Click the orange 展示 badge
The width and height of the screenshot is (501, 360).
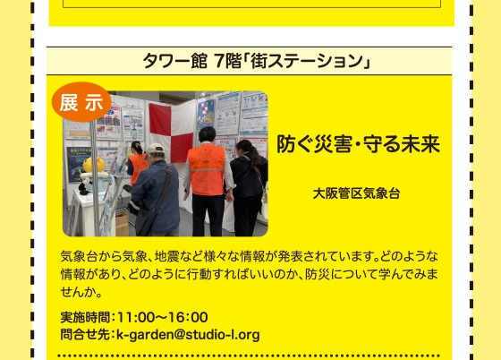click(x=81, y=102)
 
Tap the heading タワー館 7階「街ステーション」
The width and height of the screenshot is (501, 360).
click(x=256, y=61)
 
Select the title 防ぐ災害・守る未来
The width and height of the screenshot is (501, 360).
click(x=358, y=144)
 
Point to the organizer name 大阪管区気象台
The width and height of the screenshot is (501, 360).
click(x=356, y=193)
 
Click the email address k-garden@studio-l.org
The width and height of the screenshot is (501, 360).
click(x=188, y=335)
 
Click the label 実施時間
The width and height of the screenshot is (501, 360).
click(x=85, y=318)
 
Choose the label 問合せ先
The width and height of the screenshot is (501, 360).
click(x=85, y=335)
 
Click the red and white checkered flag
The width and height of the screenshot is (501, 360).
click(x=172, y=132)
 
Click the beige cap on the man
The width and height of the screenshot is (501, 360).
click(x=155, y=149)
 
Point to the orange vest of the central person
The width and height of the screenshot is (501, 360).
click(x=207, y=169)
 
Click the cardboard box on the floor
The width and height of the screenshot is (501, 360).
click(x=122, y=223)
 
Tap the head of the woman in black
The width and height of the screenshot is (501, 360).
click(x=244, y=148)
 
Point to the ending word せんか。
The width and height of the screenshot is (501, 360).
click(x=81, y=292)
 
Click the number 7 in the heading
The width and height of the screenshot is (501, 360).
click(x=219, y=61)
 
